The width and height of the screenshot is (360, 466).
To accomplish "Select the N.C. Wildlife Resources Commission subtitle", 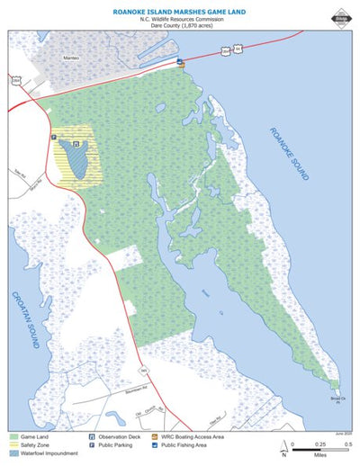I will [x=180, y=19].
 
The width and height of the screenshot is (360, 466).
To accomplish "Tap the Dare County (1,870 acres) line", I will [x=180, y=26].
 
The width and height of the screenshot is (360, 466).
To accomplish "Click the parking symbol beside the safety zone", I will [x=55, y=138].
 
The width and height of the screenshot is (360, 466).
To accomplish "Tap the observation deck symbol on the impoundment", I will [x=76, y=144].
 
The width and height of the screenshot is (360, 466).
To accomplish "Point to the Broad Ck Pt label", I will [x=336, y=398].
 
